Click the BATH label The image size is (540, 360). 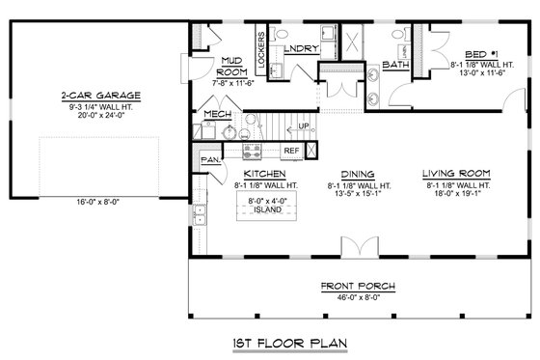click(x=395, y=66)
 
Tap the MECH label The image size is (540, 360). click(x=216, y=115)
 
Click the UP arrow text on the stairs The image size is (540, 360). click(x=306, y=126)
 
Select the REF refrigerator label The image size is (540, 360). click(x=289, y=151)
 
